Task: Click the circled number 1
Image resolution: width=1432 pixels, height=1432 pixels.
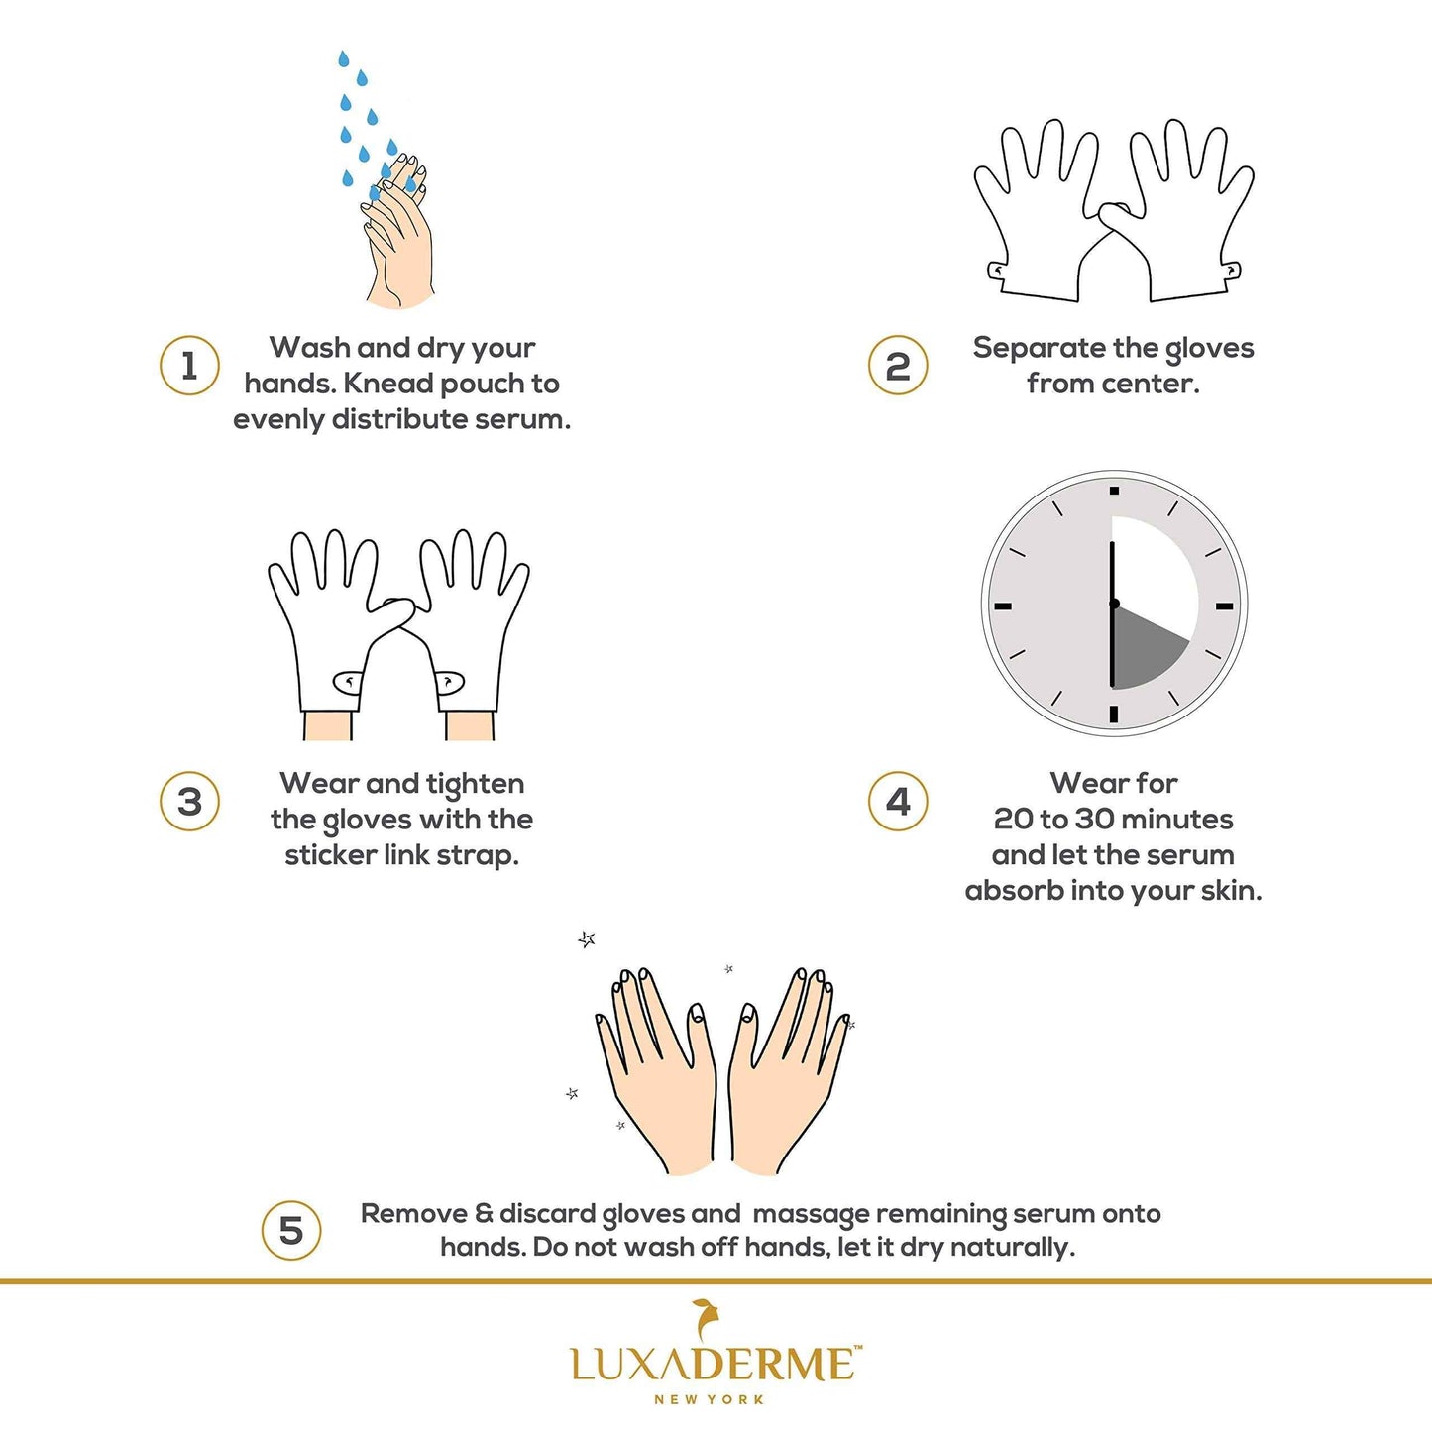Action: [x=189, y=366]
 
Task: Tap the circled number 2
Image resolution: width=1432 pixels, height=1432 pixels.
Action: [x=898, y=366]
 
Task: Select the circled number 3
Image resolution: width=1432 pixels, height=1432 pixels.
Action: [x=189, y=802]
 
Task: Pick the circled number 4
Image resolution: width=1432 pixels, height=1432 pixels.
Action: [x=898, y=802]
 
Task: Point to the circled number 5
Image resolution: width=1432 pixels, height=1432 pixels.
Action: [x=291, y=1231]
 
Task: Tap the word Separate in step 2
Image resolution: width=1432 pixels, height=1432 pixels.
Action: [x=1039, y=348]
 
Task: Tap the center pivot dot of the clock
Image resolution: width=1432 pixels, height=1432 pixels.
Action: [x=1114, y=604]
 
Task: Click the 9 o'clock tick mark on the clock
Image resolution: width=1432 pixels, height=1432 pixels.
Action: [x=1003, y=606]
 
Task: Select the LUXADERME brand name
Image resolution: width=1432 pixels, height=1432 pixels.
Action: [x=712, y=1365]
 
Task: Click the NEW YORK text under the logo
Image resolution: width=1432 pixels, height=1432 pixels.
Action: [x=710, y=1399]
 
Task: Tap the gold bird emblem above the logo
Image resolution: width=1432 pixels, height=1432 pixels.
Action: [x=706, y=1319]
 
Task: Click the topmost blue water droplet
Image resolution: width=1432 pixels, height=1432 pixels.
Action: [x=343, y=59]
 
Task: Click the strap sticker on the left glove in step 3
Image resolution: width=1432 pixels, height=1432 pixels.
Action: [x=348, y=682]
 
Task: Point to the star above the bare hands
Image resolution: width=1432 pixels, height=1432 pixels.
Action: [x=587, y=939]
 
